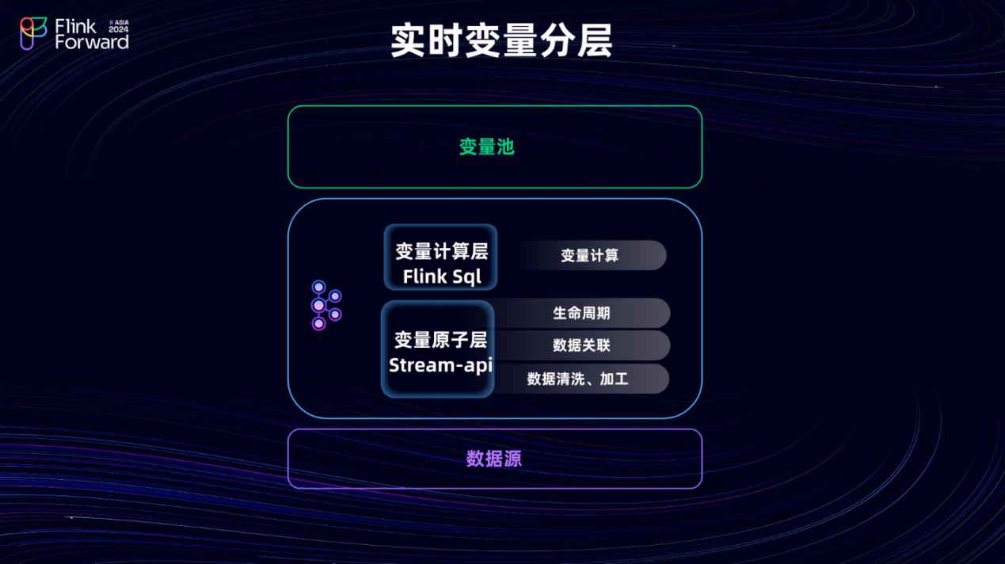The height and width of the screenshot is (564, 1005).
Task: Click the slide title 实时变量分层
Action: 501,41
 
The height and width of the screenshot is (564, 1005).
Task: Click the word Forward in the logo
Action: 91,42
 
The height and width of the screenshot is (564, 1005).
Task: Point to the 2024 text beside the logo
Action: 118,29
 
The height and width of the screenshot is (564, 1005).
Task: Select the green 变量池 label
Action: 487,147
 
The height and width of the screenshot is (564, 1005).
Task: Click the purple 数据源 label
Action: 494,459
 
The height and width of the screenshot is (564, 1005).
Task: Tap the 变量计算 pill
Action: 590,255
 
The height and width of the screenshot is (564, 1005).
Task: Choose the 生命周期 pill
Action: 581,313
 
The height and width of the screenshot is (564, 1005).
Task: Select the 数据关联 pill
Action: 581,345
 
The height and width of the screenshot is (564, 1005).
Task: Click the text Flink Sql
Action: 442,276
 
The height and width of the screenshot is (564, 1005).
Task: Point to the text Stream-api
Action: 440,365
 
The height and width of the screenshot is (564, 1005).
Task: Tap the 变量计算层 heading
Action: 442,252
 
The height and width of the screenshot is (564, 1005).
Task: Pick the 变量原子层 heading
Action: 440,340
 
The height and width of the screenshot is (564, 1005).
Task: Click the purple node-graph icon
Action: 325,305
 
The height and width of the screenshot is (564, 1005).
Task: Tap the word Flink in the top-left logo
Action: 76,26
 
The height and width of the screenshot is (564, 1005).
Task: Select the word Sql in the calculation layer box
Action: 467,276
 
